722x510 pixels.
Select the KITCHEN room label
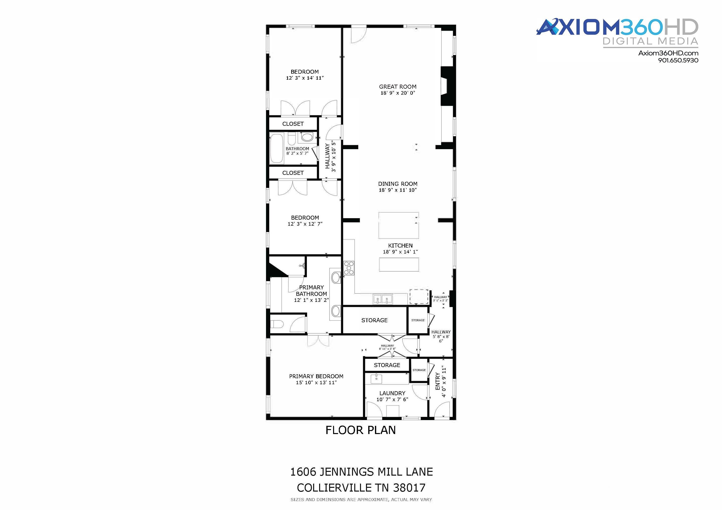(x=400, y=246)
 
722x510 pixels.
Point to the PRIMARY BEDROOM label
(x=316, y=376)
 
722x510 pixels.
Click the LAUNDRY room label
(x=392, y=393)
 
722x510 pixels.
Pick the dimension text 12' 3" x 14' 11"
(x=305, y=78)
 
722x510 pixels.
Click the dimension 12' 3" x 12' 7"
(x=305, y=224)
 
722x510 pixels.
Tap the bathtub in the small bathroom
(x=277, y=148)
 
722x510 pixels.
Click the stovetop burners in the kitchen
(x=349, y=268)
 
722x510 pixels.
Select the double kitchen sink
(x=383, y=299)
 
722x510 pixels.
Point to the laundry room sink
(x=376, y=379)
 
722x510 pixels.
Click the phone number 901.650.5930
(x=678, y=60)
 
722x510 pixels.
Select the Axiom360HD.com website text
(x=668, y=53)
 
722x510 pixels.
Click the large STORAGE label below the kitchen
(x=374, y=320)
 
